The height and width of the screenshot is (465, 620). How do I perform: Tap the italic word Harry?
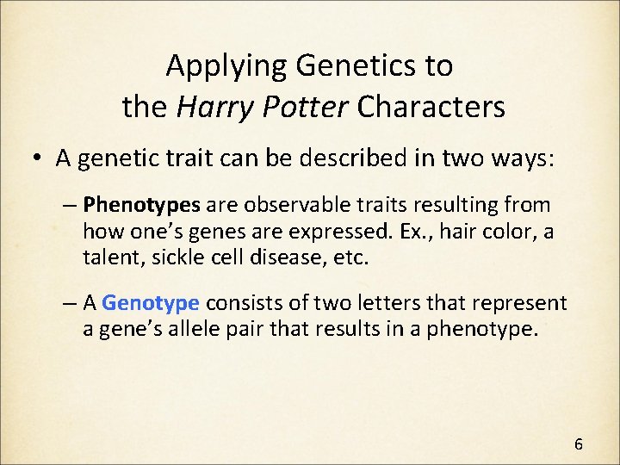tap(212, 107)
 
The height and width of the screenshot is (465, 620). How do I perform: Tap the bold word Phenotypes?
tap(142, 205)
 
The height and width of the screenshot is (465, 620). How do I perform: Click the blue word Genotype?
tap(152, 303)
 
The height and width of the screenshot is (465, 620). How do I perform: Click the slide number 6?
tap(579, 444)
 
